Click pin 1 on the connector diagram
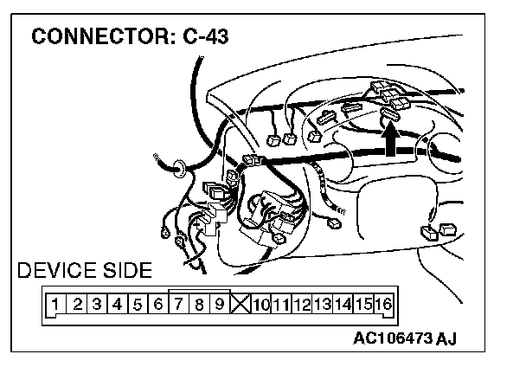tap(55, 304)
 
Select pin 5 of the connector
tap(138, 304)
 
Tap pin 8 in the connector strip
tap(200, 304)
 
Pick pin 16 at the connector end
tap(383, 304)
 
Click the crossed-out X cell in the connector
tap(241, 304)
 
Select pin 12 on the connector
tap(302, 304)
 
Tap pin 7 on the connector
tap(179, 304)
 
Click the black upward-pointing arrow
tap(391, 138)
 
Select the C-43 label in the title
tap(206, 39)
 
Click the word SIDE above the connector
tap(126, 270)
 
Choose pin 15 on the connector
tap(363, 304)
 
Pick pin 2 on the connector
tap(76, 304)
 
